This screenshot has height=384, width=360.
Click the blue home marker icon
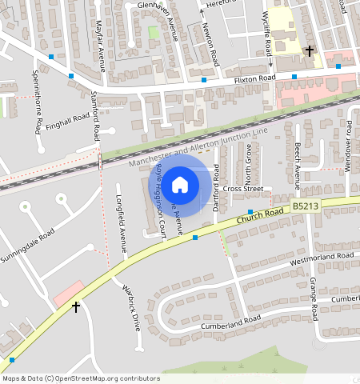180,185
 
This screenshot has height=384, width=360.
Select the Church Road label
262,214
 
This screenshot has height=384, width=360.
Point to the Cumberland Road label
230,322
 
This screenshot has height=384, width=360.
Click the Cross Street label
243,189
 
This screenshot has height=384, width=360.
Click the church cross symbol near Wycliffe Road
310,51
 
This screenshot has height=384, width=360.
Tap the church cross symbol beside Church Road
76,306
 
